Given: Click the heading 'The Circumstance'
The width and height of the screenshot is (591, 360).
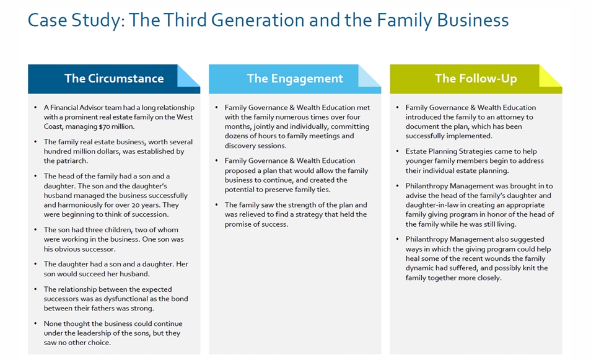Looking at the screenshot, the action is pos(114,79).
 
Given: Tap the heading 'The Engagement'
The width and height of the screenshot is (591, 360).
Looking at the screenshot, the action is pos(295,79).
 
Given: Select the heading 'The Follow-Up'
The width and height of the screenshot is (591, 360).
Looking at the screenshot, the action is pos(476,79).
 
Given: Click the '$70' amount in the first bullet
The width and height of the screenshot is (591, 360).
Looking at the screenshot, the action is pos(105,126).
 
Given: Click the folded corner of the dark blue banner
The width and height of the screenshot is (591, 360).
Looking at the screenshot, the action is pos(188,76).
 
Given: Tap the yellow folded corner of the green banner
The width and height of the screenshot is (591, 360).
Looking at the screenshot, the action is pos(550,76).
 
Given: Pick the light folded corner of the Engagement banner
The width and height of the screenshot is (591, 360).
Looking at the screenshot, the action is pos(369,76).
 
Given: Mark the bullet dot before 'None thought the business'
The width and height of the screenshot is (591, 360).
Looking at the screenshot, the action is pos(35,324).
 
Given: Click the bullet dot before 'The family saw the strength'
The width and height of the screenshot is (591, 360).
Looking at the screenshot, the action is pos(216,205).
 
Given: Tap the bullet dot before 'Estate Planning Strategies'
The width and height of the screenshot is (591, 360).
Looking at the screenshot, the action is pos(397,152).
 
